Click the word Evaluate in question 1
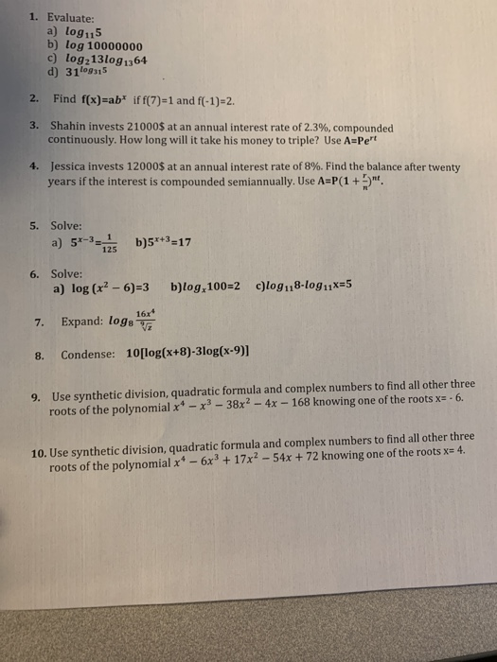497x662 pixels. click(x=71, y=17)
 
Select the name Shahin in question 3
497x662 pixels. click(x=72, y=128)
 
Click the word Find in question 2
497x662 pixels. click(x=67, y=97)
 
